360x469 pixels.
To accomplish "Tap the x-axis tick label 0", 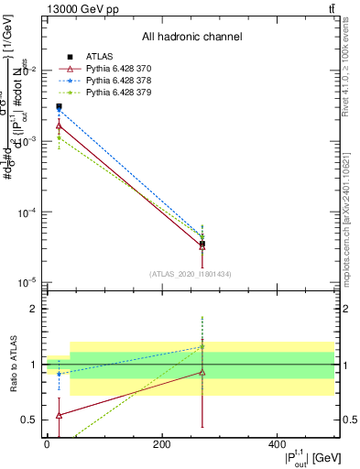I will tap(47, 444).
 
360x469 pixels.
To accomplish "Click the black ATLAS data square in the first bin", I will tap(59, 107).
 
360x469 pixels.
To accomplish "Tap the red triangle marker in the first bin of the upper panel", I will tap(59, 125).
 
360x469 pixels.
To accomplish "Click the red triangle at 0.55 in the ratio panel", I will tap(59, 415).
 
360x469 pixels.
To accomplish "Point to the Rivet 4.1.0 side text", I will tap(350, 64).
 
